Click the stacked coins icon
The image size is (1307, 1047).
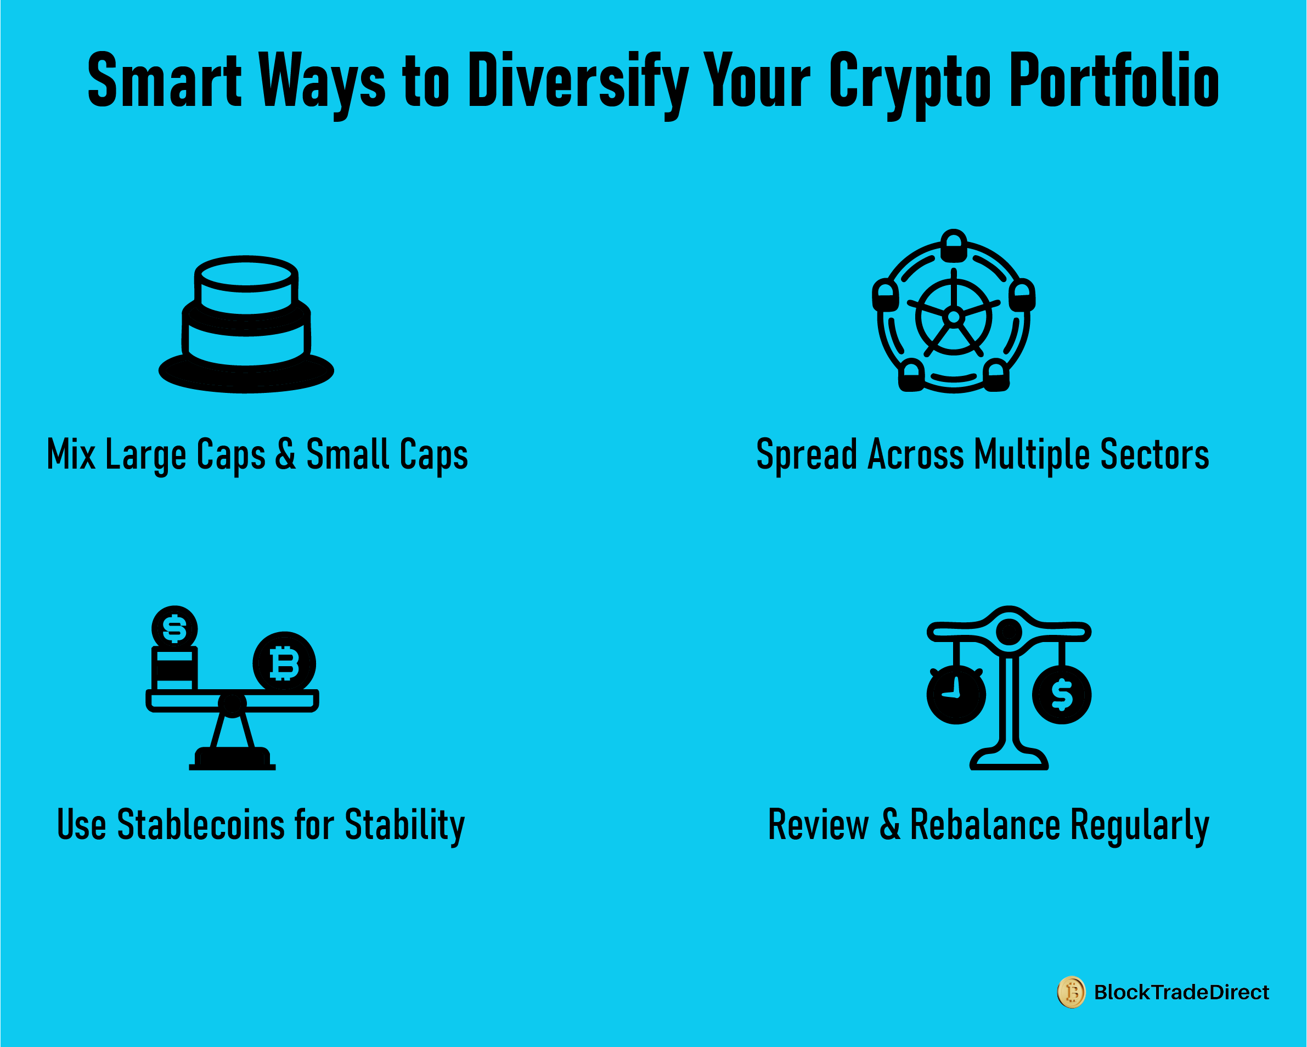246,324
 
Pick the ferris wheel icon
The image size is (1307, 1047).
954,311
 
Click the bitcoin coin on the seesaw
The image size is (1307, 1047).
284,663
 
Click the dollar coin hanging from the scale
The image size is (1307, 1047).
1062,694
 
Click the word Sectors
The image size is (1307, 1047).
1155,455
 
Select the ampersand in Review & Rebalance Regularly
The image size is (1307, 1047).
890,825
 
